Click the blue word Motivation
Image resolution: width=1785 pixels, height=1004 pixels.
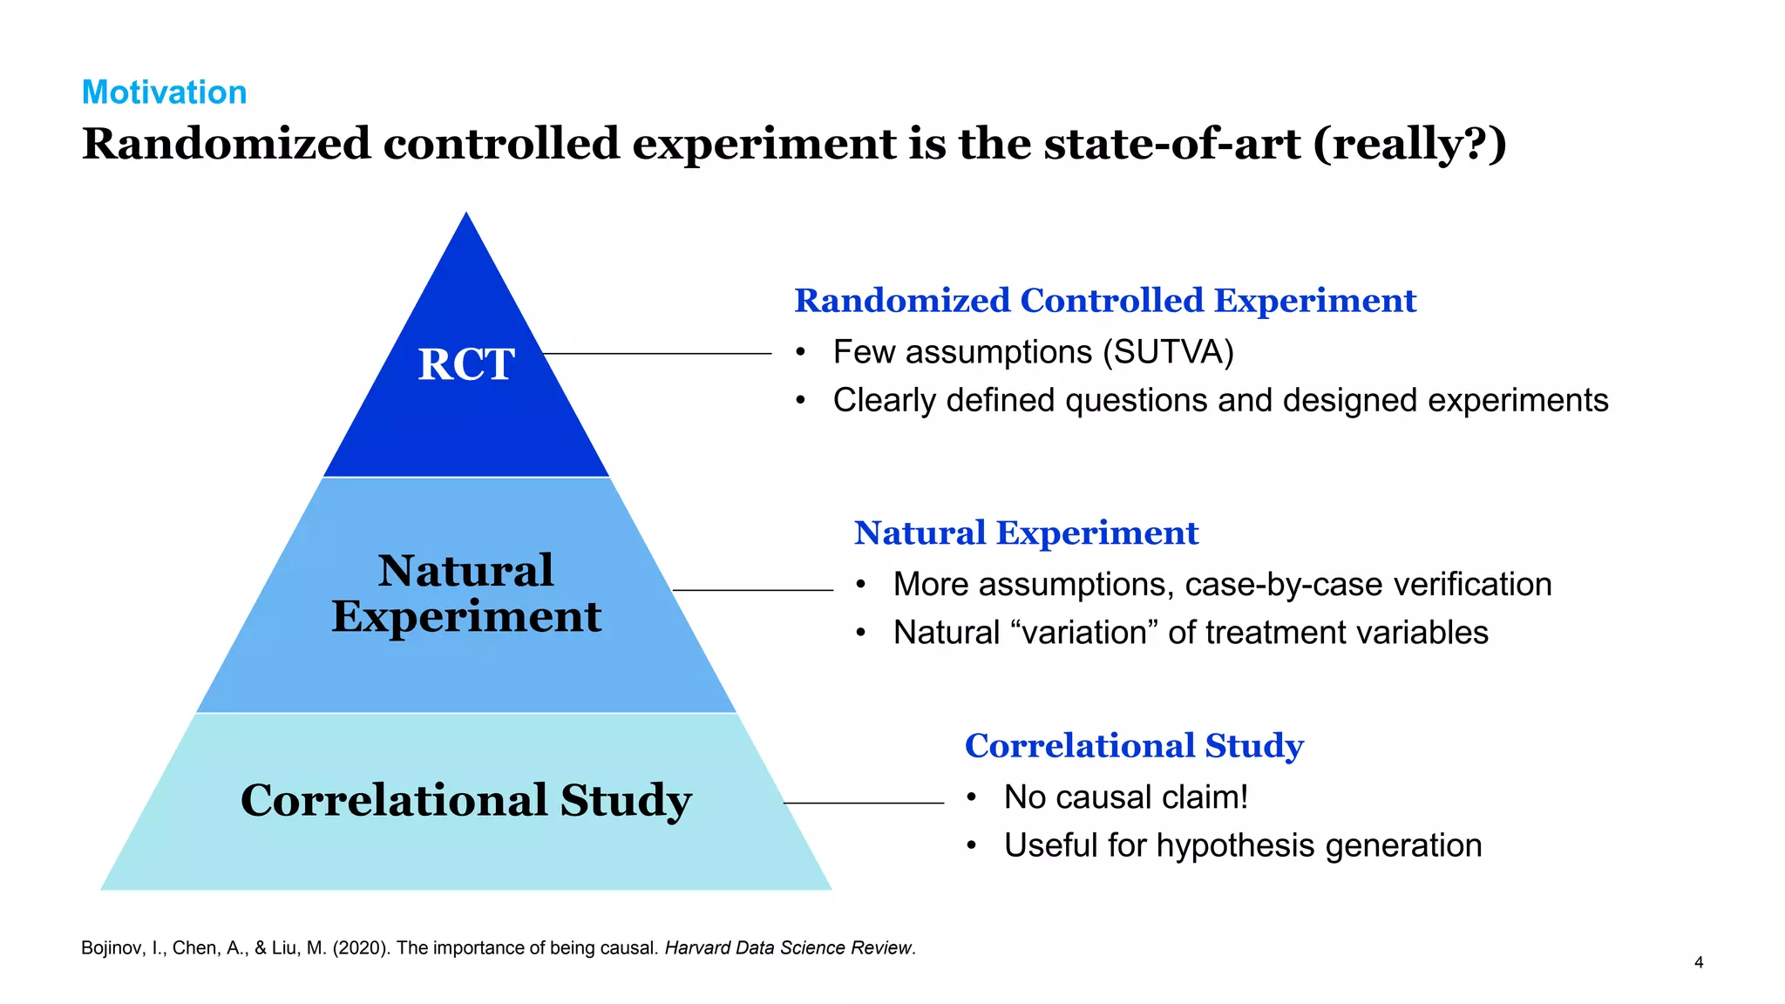pos(164,92)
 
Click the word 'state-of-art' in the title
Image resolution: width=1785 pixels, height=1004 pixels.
pos(1171,144)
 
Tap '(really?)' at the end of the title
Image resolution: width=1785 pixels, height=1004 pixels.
pos(1409,144)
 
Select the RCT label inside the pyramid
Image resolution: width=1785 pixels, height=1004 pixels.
pos(466,364)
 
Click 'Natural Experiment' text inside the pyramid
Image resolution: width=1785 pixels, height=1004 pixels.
pos(466,594)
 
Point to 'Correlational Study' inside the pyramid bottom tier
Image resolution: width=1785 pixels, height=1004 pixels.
pos(466,800)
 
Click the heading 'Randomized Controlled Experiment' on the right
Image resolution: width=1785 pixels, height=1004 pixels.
pos(1104,301)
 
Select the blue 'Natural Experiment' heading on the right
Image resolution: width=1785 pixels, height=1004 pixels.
pos(1026,533)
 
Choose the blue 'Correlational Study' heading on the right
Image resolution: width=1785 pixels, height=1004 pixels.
pos(1133,746)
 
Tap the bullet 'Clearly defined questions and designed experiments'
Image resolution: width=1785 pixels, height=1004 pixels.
pos(1219,400)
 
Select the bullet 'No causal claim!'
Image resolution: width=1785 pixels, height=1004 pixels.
pos(1125,797)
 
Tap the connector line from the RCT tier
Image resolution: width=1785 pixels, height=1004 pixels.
pos(657,353)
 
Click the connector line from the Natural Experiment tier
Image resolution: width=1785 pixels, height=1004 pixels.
pos(753,590)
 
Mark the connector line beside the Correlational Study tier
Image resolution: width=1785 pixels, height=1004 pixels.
pos(863,803)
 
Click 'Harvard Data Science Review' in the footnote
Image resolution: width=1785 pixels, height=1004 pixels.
pos(788,948)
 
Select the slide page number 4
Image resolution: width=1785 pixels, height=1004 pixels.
pos(1698,962)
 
